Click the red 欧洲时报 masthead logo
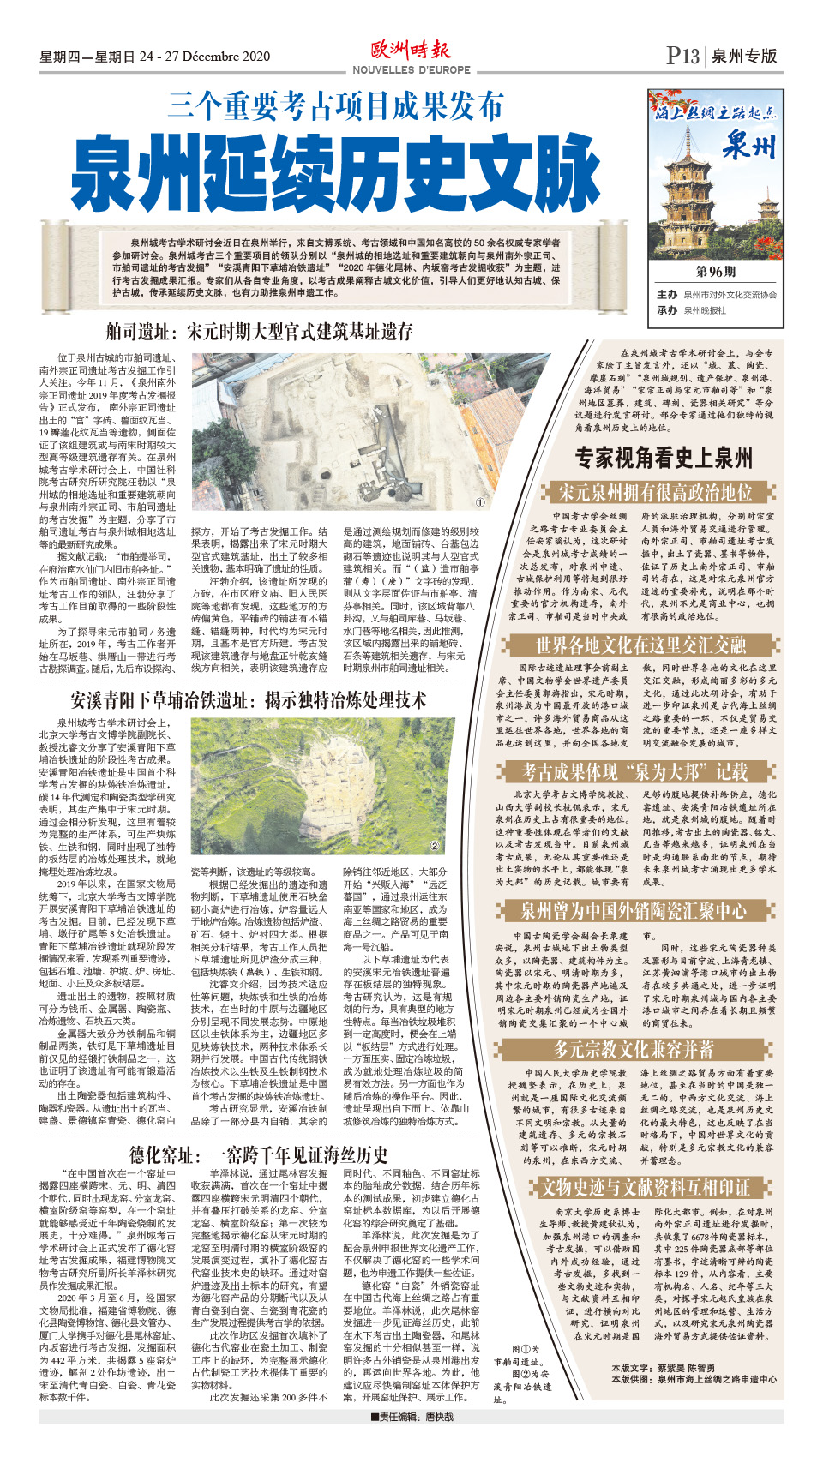pos(411,50)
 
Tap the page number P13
pos(683,56)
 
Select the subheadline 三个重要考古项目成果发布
pos(335,106)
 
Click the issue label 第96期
pos(715,272)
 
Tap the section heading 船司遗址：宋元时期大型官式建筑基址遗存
pos(259,332)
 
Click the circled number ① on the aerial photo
pos(480,503)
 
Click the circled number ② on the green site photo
pos(434,846)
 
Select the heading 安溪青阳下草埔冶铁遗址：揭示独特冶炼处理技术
pos(248,700)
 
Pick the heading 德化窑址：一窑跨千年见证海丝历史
pos(259,1154)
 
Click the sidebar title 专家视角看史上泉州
pos(664,459)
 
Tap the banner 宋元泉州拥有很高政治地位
pos(655,493)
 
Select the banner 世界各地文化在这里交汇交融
pos(640,645)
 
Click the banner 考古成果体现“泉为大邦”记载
pos(635,772)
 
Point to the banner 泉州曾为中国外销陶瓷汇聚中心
pos(633,911)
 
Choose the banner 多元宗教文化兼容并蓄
pos(633,1049)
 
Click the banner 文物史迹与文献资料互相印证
pos(645,1187)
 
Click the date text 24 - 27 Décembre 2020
pos(205,57)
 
